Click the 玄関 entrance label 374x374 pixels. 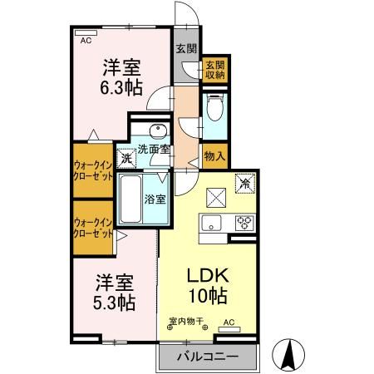click(185, 47)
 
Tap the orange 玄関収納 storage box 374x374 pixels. click(214, 70)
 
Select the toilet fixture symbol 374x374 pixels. click(214, 109)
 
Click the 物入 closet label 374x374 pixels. click(214, 155)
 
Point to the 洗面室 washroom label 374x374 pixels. click(154, 150)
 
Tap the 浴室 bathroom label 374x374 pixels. click(155, 199)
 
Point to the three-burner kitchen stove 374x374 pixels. click(244, 222)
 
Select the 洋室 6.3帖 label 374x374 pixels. click(121, 76)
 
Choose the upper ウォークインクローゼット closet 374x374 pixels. click(92, 172)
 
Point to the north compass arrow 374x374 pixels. click(290, 355)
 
